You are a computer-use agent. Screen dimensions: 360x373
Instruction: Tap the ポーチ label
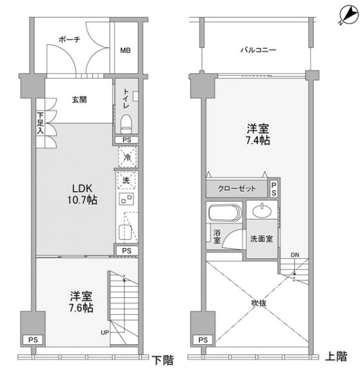coord(69,40)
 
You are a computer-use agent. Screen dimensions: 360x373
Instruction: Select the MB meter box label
coord(125,51)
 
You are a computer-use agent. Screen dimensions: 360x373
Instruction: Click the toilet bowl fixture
coord(126,124)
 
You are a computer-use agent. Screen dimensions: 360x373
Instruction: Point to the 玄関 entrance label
coord(80,99)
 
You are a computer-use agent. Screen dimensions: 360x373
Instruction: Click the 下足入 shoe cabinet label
coord(40,123)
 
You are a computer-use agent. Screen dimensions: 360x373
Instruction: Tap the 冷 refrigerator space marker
coord(127,157)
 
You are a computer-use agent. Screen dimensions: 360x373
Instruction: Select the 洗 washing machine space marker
coord(126,180)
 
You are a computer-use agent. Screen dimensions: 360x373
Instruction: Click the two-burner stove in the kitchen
coord(126,199)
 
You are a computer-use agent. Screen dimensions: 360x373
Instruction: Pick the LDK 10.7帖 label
coord(82,194)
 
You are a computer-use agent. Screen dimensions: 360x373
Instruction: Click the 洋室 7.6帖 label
coord(81,302)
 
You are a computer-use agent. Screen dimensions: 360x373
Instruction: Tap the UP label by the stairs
coord(105,333)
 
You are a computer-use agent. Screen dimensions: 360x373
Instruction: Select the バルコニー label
coord(258,50)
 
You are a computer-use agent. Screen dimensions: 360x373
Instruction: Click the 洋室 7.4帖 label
coord(258,135)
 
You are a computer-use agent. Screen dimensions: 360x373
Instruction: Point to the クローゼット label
coord(237,188)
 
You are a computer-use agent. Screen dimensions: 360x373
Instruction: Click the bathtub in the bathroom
coord(225,213)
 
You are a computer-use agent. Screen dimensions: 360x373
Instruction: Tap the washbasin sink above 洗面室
coord(262,211)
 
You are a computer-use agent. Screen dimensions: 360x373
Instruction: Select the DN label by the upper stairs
coord(295,255)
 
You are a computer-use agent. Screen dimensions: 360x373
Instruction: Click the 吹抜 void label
coord(259,303)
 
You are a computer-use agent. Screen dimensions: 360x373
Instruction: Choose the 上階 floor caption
coord(336,356)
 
